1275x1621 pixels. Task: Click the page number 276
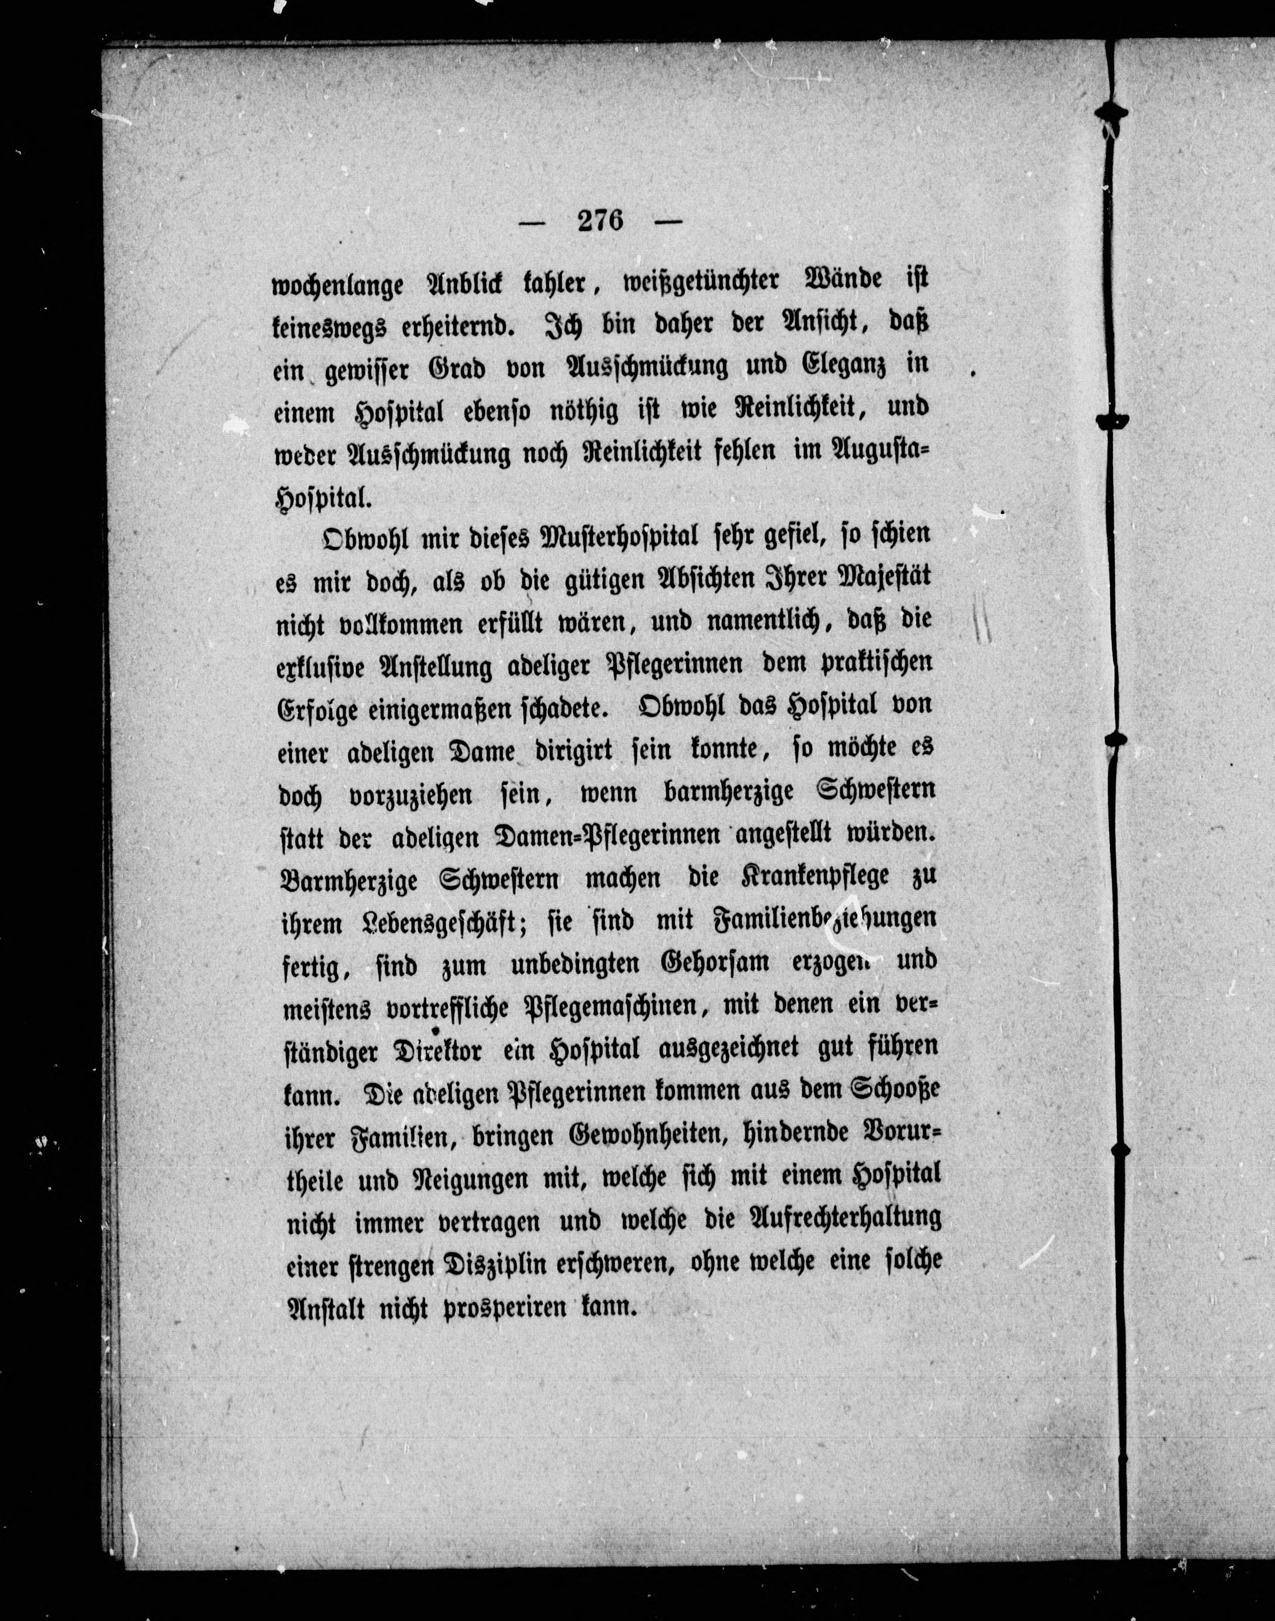click(x=600, y=222)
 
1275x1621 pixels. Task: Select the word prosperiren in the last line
click(x=516, y=1307)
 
